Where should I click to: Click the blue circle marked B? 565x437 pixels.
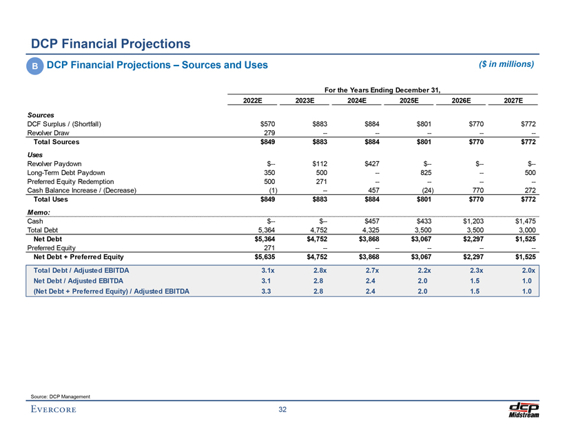pos(34,65)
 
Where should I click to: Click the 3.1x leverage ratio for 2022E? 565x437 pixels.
pos(270,270)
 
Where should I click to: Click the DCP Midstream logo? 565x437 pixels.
pos(523,409)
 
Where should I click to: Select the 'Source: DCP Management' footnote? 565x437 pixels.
pos(61,395)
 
